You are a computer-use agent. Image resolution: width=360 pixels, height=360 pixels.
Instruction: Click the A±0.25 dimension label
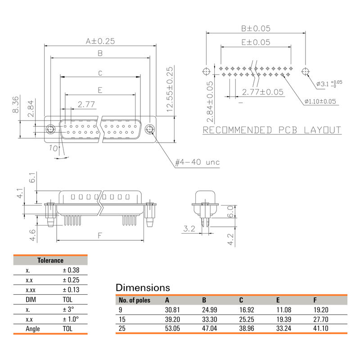[x=100, y=41]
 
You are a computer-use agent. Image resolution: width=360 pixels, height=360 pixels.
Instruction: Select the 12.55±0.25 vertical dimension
[x=170, y=89]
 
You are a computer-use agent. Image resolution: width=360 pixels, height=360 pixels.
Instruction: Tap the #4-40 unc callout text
[x=197, y=162]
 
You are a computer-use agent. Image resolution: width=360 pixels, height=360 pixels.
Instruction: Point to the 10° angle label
[x=54, y=148]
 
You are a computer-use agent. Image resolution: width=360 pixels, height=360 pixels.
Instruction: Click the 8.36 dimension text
[x=15, y=104]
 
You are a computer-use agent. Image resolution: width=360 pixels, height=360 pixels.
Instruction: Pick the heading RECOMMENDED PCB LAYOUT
[x=272, y=130]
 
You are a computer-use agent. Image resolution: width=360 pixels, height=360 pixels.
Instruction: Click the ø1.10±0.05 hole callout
[x=320, y=102]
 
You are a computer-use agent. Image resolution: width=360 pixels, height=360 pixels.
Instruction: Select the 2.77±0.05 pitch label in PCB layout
[x=263, y=92]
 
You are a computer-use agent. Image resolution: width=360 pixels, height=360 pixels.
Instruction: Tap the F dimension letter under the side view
[x=99, y=235]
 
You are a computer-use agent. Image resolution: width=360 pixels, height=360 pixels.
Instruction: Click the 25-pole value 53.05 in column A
[x=173, y=328]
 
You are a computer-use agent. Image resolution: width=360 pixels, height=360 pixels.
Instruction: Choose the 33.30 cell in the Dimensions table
[x=210, y=319]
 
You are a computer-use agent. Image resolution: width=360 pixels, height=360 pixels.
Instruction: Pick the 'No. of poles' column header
[x=134, y=300]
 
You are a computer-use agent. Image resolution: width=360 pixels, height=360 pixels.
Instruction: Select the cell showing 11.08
[x=284, y=310]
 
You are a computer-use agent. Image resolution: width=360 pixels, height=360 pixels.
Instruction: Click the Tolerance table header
[x=50, y=260]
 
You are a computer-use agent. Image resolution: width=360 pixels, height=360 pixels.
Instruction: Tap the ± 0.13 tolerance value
[x=71, y=290]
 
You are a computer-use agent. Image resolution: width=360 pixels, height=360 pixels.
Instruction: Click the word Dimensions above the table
[x=143, y=288]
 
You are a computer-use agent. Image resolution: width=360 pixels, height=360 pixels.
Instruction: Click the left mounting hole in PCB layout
[x=206, y=72]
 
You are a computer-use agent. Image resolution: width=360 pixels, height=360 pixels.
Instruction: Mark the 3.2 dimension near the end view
[x=189, y=229]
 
